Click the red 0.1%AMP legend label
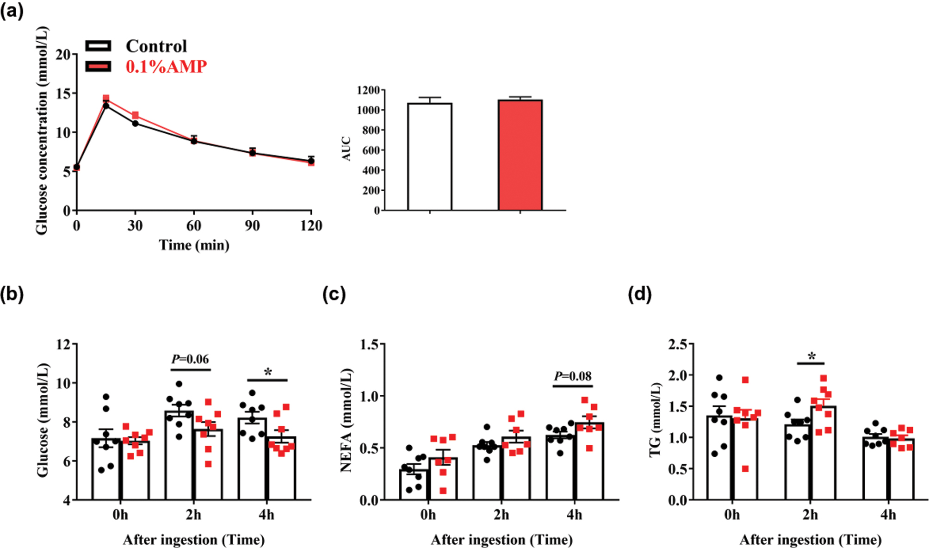[x=166, y=67]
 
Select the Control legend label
[x=156, y=46]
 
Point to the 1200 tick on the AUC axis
[x=368, y=90]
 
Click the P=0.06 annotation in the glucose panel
[x=190, y=359]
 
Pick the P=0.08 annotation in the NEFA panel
[x=573, y=376]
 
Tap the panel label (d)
[x=639, y=294]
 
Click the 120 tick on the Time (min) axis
[x=311, y=226]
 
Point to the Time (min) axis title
[x=194, y=245]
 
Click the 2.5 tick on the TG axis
[x=678, y=344]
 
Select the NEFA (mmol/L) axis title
[x=346, y=420]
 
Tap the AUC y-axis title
[x=347, y=149]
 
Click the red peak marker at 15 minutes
[x=106, y=98]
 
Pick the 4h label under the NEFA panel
[x=574, y=515]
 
